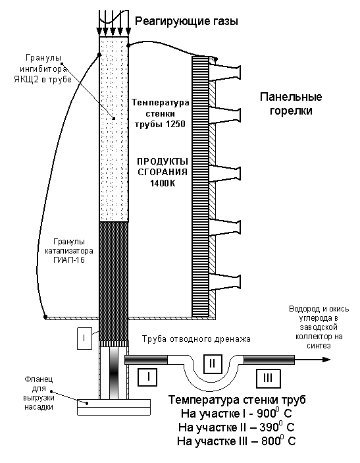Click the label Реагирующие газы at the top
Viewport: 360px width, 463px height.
click(186, 22)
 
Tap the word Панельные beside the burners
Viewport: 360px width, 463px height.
click(291, 97)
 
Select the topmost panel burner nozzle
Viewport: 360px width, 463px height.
click(226, 72)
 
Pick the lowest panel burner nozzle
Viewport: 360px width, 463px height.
click(226, 283)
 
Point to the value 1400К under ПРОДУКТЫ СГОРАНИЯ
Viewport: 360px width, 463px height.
click(163, 183)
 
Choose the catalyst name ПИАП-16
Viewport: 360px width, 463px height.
click(69, 260)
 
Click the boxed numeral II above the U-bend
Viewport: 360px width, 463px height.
click(212, 363)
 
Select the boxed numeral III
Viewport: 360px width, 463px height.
click(268, 377)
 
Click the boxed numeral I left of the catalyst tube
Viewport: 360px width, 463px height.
click(84, 338)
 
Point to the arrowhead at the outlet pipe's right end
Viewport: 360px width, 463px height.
click(326, 360)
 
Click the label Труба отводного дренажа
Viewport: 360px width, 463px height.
click(196, 339)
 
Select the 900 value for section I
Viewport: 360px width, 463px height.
click(267, 414)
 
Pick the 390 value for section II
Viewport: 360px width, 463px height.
click(269, 427)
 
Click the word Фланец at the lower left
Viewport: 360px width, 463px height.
click(39, 379)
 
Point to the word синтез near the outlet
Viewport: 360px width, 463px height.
click(319, 346)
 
